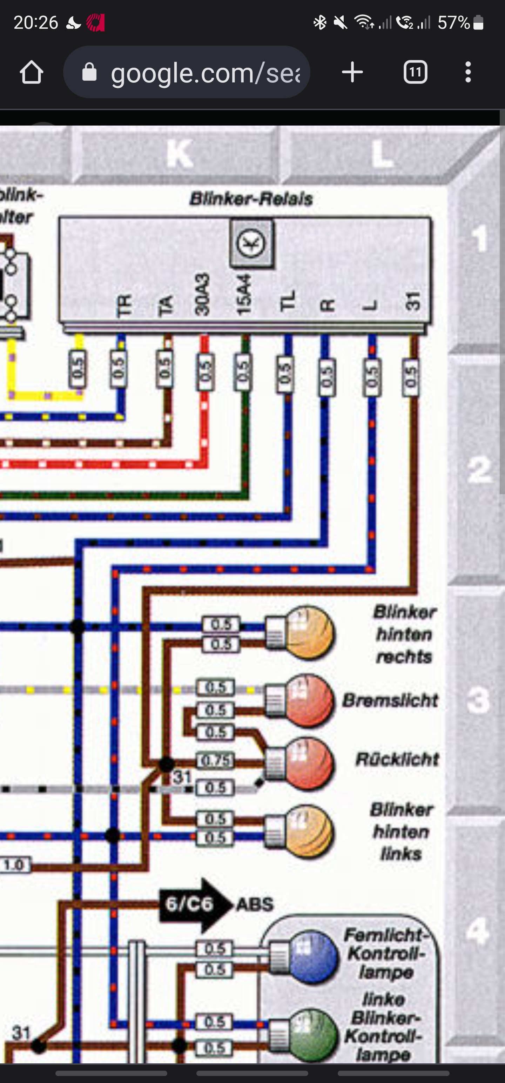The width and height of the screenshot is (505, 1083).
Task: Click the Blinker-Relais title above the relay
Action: coord(251,199)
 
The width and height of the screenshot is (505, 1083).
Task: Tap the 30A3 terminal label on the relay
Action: coord(202,294)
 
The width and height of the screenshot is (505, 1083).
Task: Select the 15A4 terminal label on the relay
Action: coord(244,294)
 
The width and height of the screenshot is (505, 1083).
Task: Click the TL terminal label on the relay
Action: coord(288,301)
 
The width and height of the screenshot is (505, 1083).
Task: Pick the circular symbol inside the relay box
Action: coord(251,243)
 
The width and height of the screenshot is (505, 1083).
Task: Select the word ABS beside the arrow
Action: coord(255,904)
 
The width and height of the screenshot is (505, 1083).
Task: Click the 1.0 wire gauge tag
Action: coord(14,865)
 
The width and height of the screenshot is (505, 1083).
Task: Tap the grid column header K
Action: coord(180,154)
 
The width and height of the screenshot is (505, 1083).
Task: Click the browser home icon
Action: coord(32,72)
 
